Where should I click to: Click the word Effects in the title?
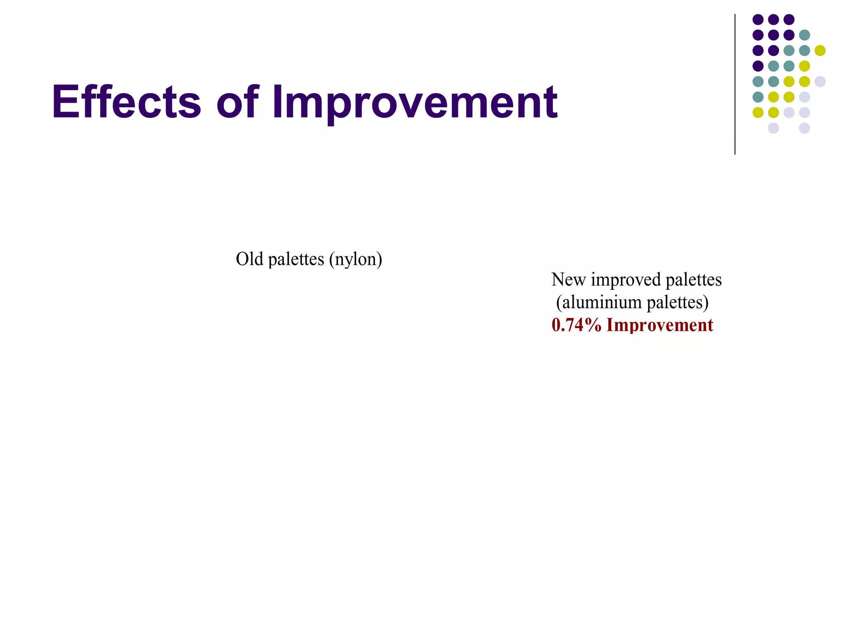(126, 102)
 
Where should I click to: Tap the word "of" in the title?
(238, 102)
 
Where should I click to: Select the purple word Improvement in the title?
(414, 103)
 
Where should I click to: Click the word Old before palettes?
(249, 259)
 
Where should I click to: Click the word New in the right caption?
(568, 280)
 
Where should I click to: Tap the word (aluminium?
(599, 302)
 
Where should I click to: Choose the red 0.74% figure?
(577, 325)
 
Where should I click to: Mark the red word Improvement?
(660, 325)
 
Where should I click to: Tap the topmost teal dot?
(804, 35)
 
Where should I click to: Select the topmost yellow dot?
(820, 51)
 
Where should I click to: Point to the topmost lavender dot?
(820, 82)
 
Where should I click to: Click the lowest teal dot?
(758, 97)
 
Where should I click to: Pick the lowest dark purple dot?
(758, 66)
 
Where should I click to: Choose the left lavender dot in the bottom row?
(774, 128)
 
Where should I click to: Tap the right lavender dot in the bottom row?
(804, 128)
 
